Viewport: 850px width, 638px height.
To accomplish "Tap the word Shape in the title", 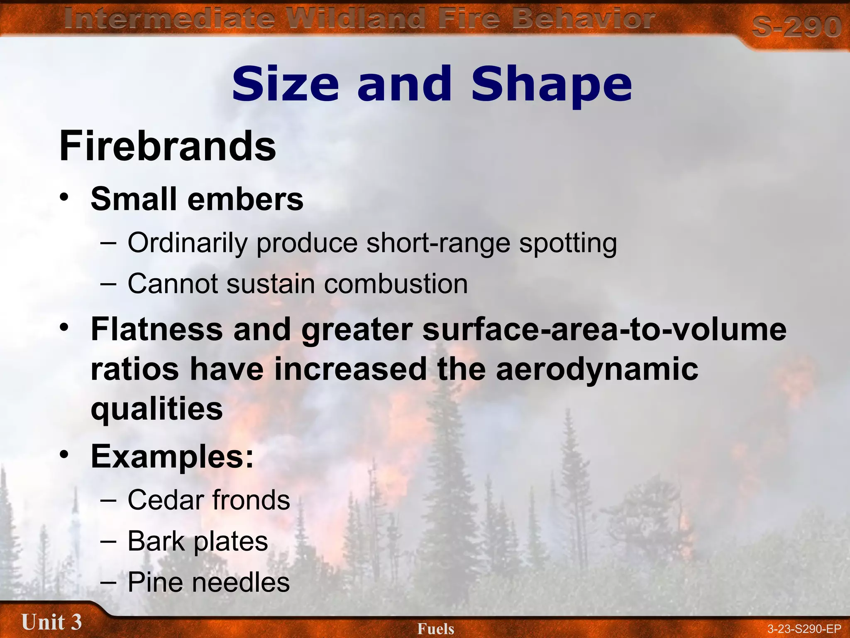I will (552, 85).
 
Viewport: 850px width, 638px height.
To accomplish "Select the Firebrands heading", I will (168, 146).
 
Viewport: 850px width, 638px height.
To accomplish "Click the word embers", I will (245, 199).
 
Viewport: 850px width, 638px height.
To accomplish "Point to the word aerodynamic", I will (597, 369).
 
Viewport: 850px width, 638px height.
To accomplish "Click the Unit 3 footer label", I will (51, 622).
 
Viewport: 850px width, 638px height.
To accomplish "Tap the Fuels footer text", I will (436, 629).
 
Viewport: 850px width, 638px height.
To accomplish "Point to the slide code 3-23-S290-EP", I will (804, 629).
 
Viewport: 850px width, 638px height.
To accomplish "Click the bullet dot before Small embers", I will (64, 197).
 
